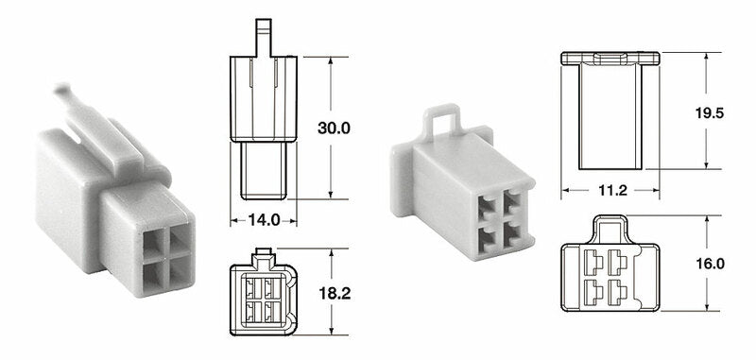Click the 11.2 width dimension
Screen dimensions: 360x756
click(610, 191)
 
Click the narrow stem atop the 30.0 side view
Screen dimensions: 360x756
click(265, 39)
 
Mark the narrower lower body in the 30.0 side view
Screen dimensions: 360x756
click(265, 170)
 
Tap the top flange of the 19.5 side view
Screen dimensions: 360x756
click(610, 59)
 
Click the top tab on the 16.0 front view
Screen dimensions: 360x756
click(610, 228)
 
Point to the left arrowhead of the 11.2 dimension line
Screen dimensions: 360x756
click(567, 190)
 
